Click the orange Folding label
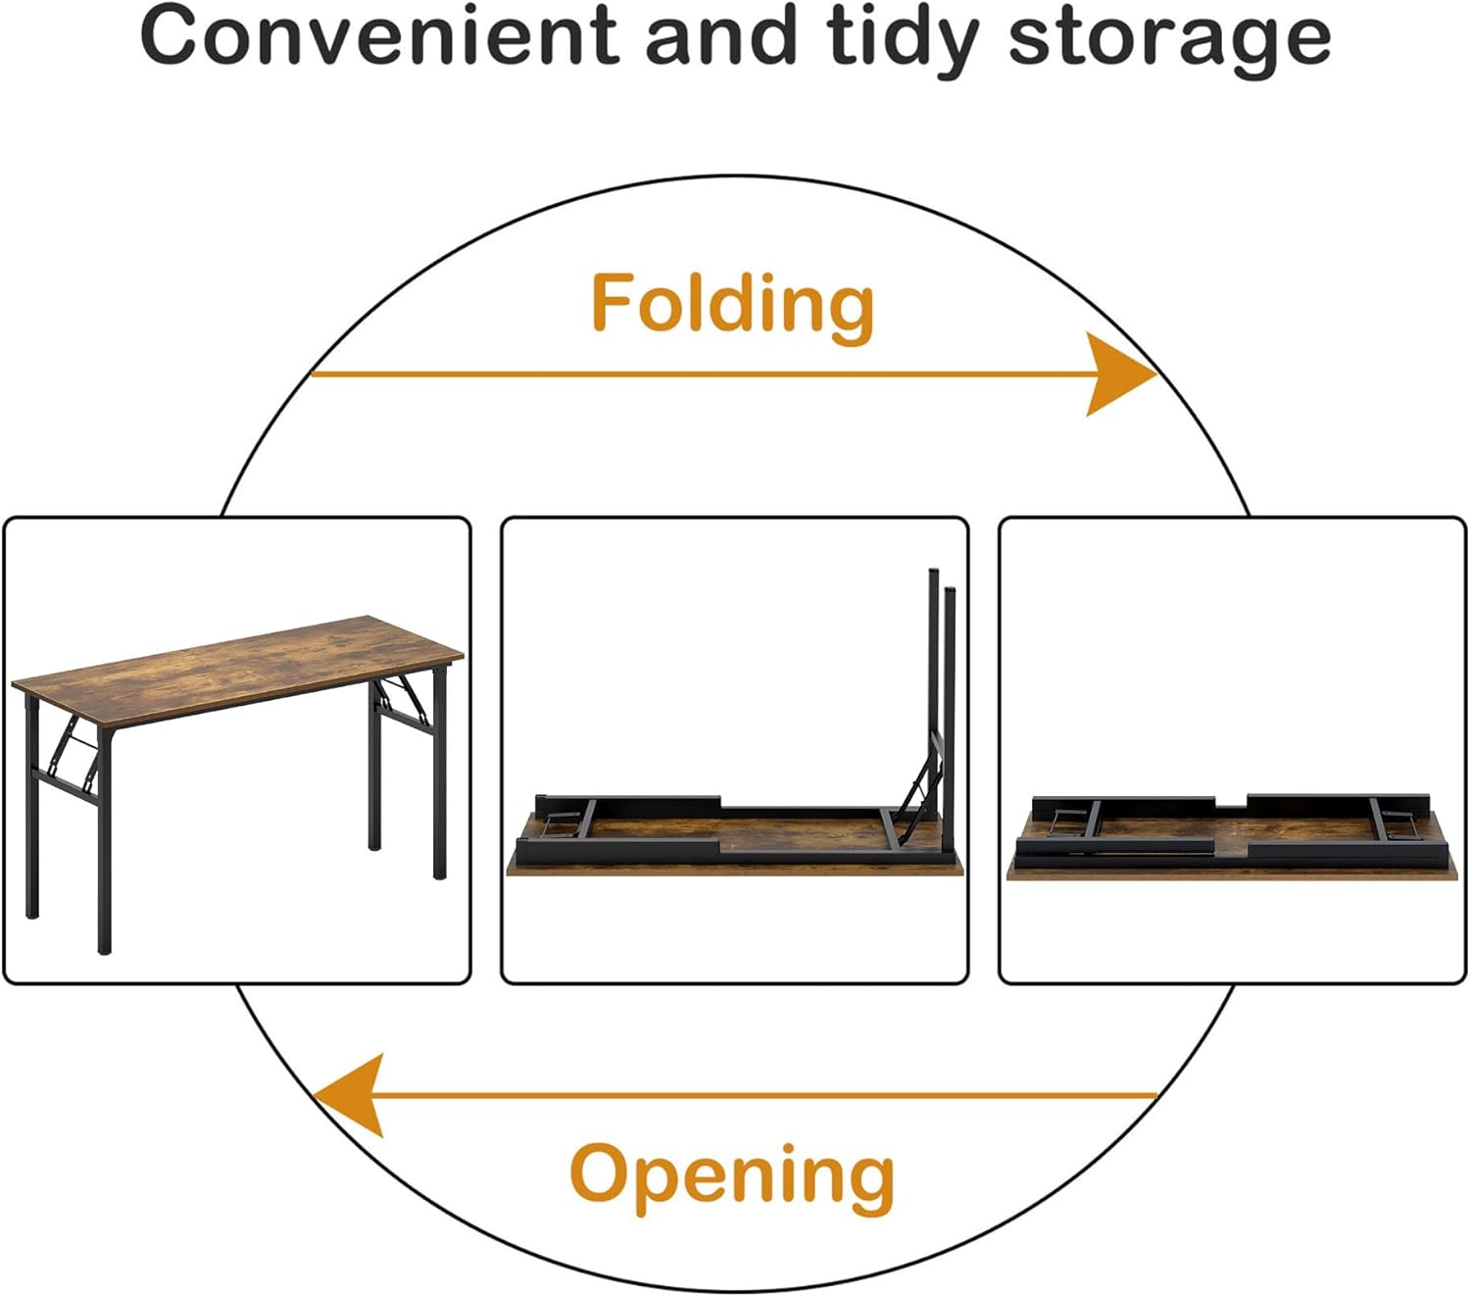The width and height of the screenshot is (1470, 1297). pos(732,304)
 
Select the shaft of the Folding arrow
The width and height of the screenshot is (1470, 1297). pos(686,374)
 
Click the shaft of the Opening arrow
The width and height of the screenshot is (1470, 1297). pos(764,1094)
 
